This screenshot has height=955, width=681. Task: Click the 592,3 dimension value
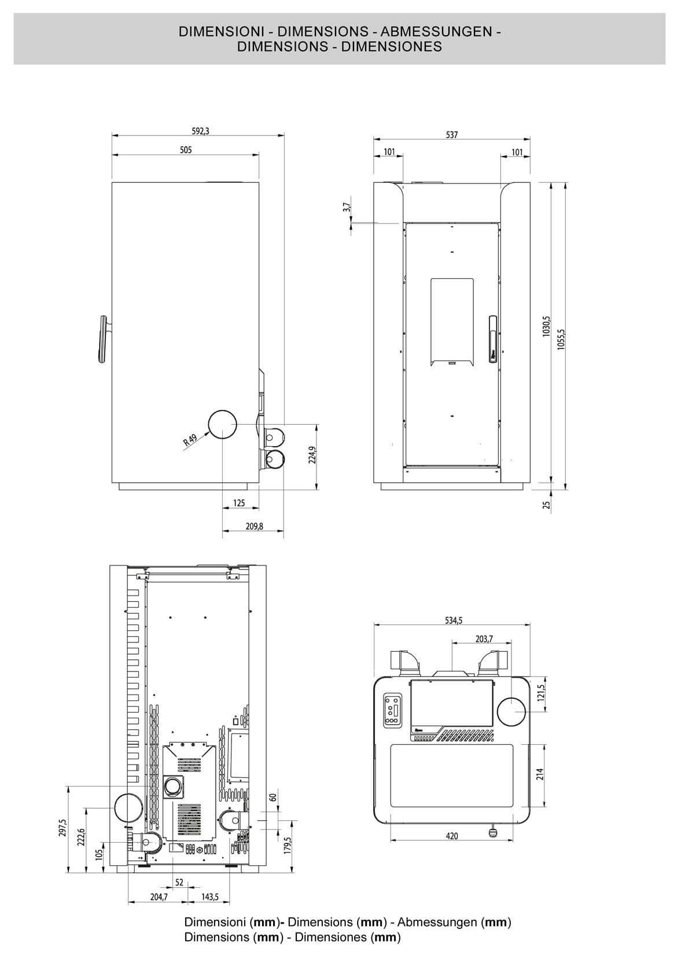coord(200,131)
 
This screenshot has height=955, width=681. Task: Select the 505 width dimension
coord(185,150)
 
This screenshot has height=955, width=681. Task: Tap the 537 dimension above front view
coord(452,135)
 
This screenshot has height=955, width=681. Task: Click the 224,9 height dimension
coord(312,455)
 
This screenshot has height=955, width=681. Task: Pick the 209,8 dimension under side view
coord(253,527)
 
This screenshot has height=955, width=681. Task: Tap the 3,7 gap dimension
coord(346,207)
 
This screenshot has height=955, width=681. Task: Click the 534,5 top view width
coord(453,620)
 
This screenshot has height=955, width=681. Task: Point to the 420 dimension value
coord(452,836)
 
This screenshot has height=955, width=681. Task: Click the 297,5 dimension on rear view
coord(63,829)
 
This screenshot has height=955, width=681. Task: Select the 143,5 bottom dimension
coord(209,897)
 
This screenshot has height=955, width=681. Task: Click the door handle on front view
coord(492,339)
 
